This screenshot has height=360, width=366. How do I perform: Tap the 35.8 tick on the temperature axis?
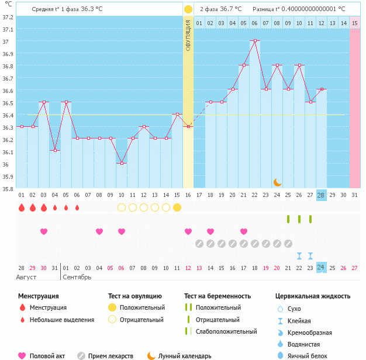[x=8, y=188]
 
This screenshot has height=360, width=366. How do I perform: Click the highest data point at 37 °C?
[x=254, y=41]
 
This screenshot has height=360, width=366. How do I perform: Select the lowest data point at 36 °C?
[x=121, y=163]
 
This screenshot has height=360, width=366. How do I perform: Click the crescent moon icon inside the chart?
[x=278, y=182]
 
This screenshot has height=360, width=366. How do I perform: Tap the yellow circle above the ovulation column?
[x=188, y=9]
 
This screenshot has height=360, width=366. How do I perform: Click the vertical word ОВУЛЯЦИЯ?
[x=188, y=35]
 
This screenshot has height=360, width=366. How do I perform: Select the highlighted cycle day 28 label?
[x=321, y=195]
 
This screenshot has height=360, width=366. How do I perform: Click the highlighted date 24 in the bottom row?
[x=321, y=268]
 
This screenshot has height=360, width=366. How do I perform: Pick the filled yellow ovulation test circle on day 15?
[x=177, y=207]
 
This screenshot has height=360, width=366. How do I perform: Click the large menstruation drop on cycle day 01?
[x=21, y=207]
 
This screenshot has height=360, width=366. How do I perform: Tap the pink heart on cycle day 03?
[x=43, y=231]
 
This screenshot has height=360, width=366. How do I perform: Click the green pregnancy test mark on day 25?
[x=288, y=219]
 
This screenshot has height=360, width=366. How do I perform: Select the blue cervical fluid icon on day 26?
[x=299, y=255]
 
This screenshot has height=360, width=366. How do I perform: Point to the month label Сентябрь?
[x=77, y=276]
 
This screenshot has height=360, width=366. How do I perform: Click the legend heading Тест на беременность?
[x=217, y=296]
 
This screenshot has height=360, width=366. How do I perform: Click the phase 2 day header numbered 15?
[x=355, y=23]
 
